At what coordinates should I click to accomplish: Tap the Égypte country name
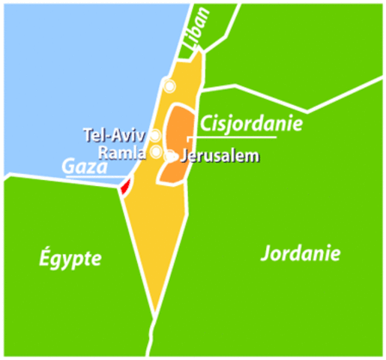[x=70, y=259]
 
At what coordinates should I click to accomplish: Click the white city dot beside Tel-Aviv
[x=155, y=136]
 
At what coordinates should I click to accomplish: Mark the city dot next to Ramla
[x=156, y=152]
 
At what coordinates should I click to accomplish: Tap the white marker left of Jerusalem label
[x=172, y=157]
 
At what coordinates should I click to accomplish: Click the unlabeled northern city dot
[x=170, y=86]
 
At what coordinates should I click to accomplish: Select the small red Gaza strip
[x=125, y=185]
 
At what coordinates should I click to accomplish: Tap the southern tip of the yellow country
[x=155, y=310]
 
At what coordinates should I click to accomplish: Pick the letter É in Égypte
[x=43, y=259]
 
